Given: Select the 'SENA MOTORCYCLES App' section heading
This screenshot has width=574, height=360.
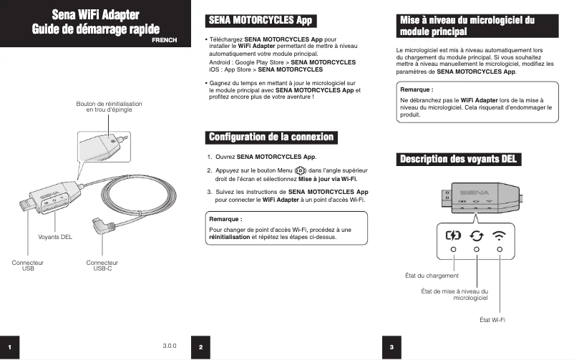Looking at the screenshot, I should click(261, 21).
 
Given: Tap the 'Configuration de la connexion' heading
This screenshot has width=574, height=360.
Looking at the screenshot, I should click(271, 137).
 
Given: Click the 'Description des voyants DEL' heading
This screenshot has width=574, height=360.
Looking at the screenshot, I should click(458, 158).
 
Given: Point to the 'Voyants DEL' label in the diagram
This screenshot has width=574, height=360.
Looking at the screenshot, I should click(55, 237).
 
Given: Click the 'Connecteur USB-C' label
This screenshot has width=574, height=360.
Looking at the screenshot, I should click(102, 266).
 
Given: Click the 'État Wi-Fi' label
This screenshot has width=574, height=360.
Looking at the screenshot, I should click(492, 319).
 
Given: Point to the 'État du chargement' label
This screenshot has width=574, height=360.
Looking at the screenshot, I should click(432, 276).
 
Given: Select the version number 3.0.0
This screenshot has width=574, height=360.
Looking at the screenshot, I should click(170, 346).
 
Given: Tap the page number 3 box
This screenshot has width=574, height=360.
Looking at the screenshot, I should click(391, 346).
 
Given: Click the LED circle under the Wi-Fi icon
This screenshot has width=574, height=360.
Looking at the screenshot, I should click(500, 250).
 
